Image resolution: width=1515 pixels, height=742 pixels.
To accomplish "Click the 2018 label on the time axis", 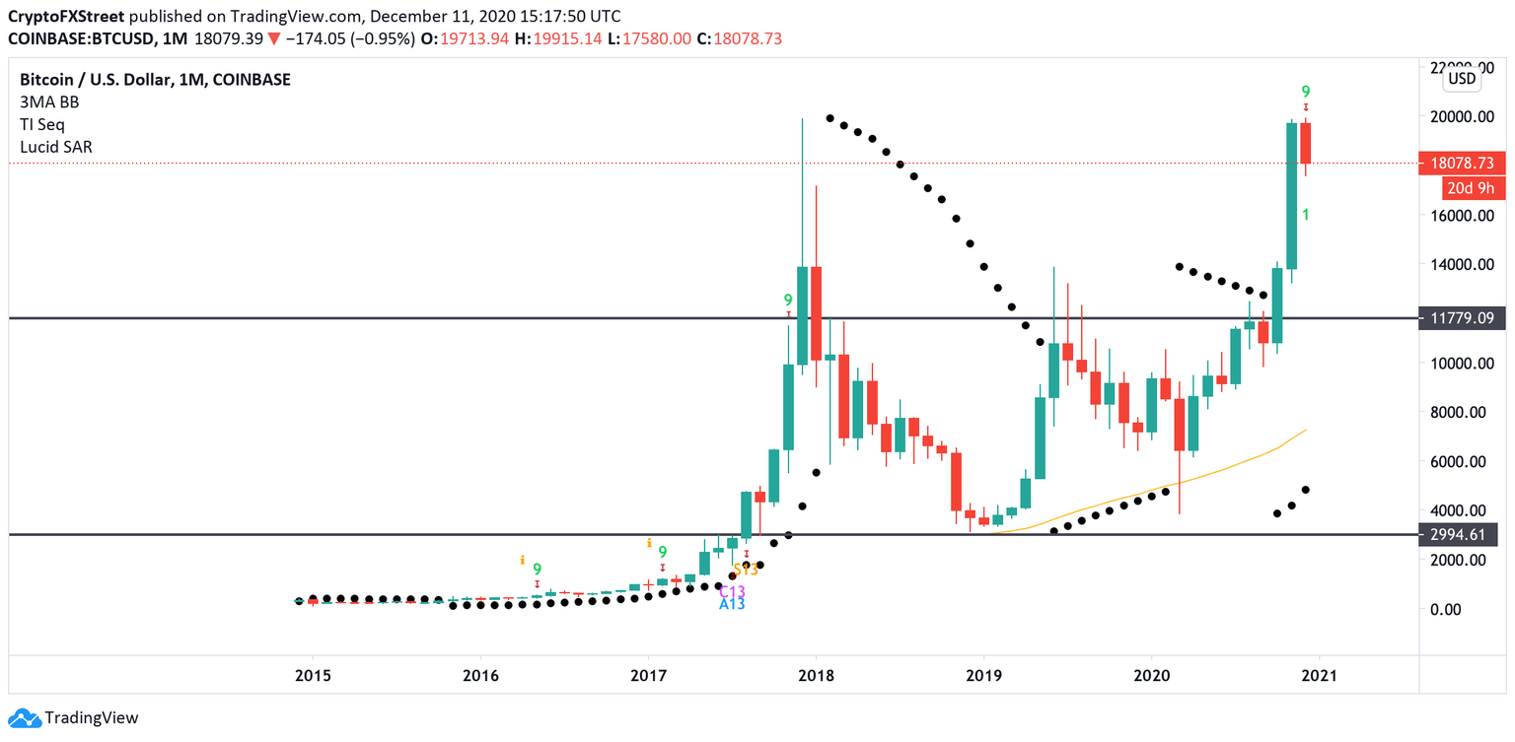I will tap(816, 676).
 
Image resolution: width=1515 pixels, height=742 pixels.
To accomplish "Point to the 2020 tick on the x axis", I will tap(1151, 676).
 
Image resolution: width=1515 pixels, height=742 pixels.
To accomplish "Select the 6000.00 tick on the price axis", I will tap(1466, 461).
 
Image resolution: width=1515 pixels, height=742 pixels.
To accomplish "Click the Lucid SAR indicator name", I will tap(56, 147).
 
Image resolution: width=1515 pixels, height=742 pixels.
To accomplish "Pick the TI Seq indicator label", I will tap(43, 124).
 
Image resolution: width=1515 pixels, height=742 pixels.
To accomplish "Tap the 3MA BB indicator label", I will tap(49, 101).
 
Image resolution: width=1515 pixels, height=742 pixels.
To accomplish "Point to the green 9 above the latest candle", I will tap(1305, 91).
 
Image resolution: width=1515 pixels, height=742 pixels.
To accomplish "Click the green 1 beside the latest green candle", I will tap(1305, 214).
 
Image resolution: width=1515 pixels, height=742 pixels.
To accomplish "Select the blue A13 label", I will tap(731, 604).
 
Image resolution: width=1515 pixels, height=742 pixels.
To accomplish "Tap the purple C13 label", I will tap(731, 591).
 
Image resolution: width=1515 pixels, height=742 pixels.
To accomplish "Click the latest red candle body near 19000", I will tap(1305, 143).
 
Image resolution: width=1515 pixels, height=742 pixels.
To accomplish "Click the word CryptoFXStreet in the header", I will tap(65, 17).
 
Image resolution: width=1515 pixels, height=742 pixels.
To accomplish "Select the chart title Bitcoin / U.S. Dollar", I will tap(89, 80).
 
